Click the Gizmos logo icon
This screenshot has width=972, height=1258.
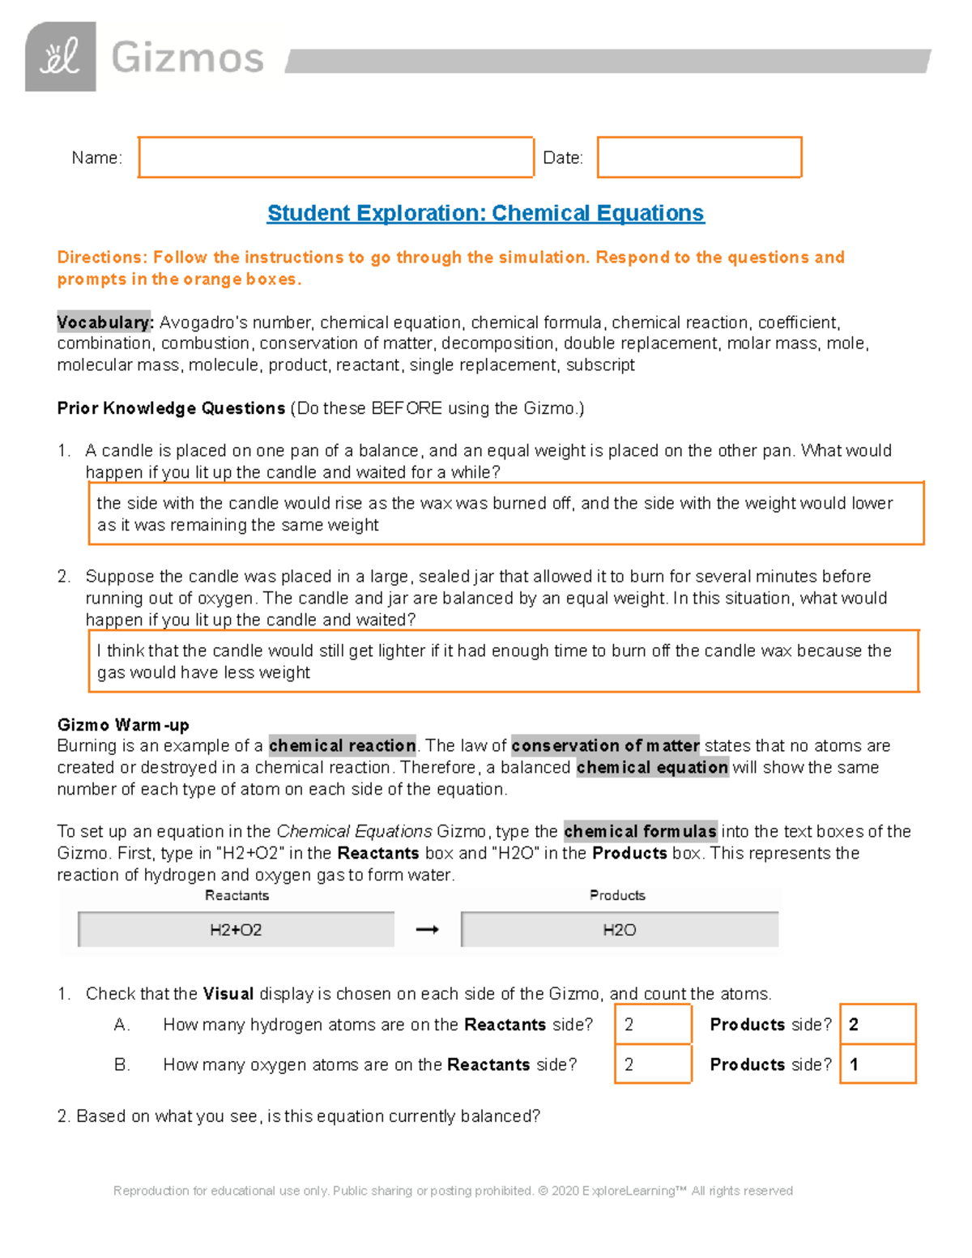tap(61, 57)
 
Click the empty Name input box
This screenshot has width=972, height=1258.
tap(335, 157)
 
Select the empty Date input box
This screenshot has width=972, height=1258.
tap(699, 157)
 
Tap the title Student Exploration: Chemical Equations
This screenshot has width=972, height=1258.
tap(485, 213)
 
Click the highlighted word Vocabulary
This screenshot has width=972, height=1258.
tap(104, 322)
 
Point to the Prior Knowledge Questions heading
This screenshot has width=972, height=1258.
tap(171, 408)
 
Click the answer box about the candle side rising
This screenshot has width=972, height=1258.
tap(505, 514)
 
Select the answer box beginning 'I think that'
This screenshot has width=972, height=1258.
tap(503, 661)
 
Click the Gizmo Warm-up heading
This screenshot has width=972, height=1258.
tap(123, 724)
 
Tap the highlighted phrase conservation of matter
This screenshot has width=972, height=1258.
tap(605, 745)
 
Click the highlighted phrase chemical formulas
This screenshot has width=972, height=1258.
tap(640, 831)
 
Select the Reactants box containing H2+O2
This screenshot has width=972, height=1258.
tap(236, 930)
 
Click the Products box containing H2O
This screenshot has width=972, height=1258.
tap(620, 930)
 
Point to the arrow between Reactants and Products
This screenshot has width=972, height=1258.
tap(427, 930)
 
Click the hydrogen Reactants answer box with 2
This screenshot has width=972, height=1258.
tap(653, 1024)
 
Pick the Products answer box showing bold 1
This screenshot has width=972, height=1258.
tap(877, 1064)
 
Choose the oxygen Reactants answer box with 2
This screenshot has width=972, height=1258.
tap(653, 1064)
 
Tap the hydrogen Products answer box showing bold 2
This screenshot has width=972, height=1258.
tap(877, 1024)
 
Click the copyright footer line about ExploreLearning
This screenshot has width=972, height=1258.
tap(453, 1191)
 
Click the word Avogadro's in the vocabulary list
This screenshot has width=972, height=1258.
tap(197, 322)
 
